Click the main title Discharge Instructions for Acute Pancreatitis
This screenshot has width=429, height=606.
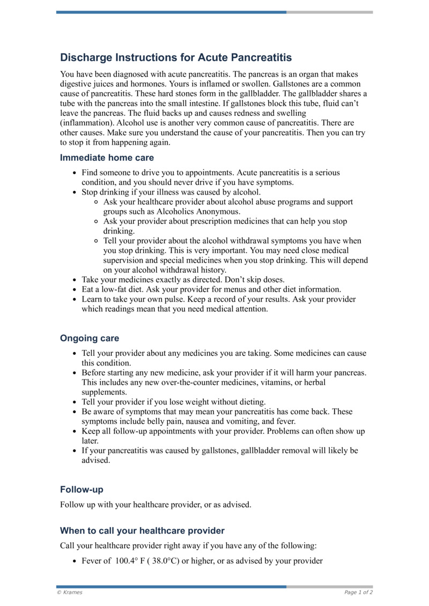[176, 57]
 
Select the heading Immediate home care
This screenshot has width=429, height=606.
[107, 158]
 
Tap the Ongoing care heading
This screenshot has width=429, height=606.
[90, 338]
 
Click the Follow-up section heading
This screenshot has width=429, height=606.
[82, 489]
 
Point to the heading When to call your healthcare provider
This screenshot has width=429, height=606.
[142, 530]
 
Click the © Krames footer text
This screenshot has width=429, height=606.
[70, 592]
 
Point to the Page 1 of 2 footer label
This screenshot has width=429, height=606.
[358, 592]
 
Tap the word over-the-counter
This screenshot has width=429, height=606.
[225, 382]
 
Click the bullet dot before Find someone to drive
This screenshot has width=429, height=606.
[74, 173]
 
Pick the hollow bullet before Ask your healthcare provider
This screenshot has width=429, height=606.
[96, 202]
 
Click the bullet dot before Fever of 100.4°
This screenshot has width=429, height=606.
[74, 562]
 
